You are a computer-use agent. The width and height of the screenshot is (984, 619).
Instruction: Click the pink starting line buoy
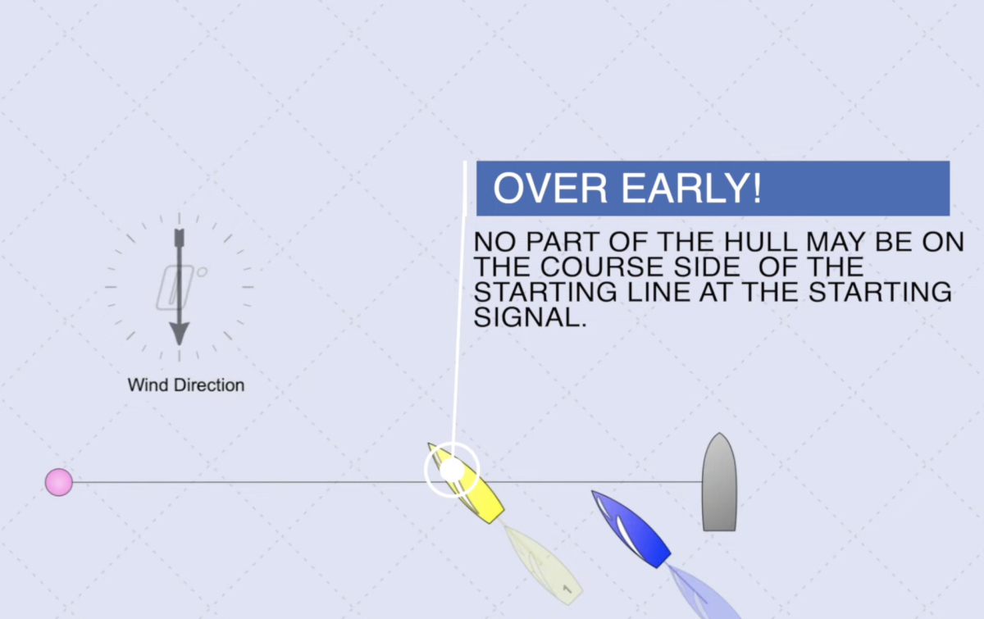click(59, 482)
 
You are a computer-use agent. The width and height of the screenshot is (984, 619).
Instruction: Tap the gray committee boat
click(719, 482)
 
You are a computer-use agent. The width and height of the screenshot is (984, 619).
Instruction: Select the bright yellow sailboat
click(467, 483)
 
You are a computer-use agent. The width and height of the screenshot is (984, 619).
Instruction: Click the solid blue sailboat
click(631, 529)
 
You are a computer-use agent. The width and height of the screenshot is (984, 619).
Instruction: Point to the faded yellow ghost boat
click(544, 565)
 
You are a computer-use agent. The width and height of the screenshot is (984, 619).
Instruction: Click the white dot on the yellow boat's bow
click(452, 470)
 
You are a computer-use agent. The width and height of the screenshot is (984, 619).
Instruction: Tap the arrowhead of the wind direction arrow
click(180, 334)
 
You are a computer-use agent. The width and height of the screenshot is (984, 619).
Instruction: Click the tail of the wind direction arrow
click(180, 237)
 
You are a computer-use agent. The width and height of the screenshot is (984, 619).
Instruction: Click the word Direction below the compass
click(209, 385)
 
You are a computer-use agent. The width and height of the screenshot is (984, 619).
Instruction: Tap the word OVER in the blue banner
click(550, 188)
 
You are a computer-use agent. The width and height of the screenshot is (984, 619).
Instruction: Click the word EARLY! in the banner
click(691, 188)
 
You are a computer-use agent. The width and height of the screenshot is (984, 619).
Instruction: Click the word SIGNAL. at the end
click(531, 317)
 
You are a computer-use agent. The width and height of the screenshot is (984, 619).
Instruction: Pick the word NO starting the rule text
click(495, 242)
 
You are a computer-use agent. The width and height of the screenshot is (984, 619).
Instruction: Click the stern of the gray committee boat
click(720, 530)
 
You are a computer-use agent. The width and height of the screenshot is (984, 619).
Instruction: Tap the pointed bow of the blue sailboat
click(592, 491)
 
